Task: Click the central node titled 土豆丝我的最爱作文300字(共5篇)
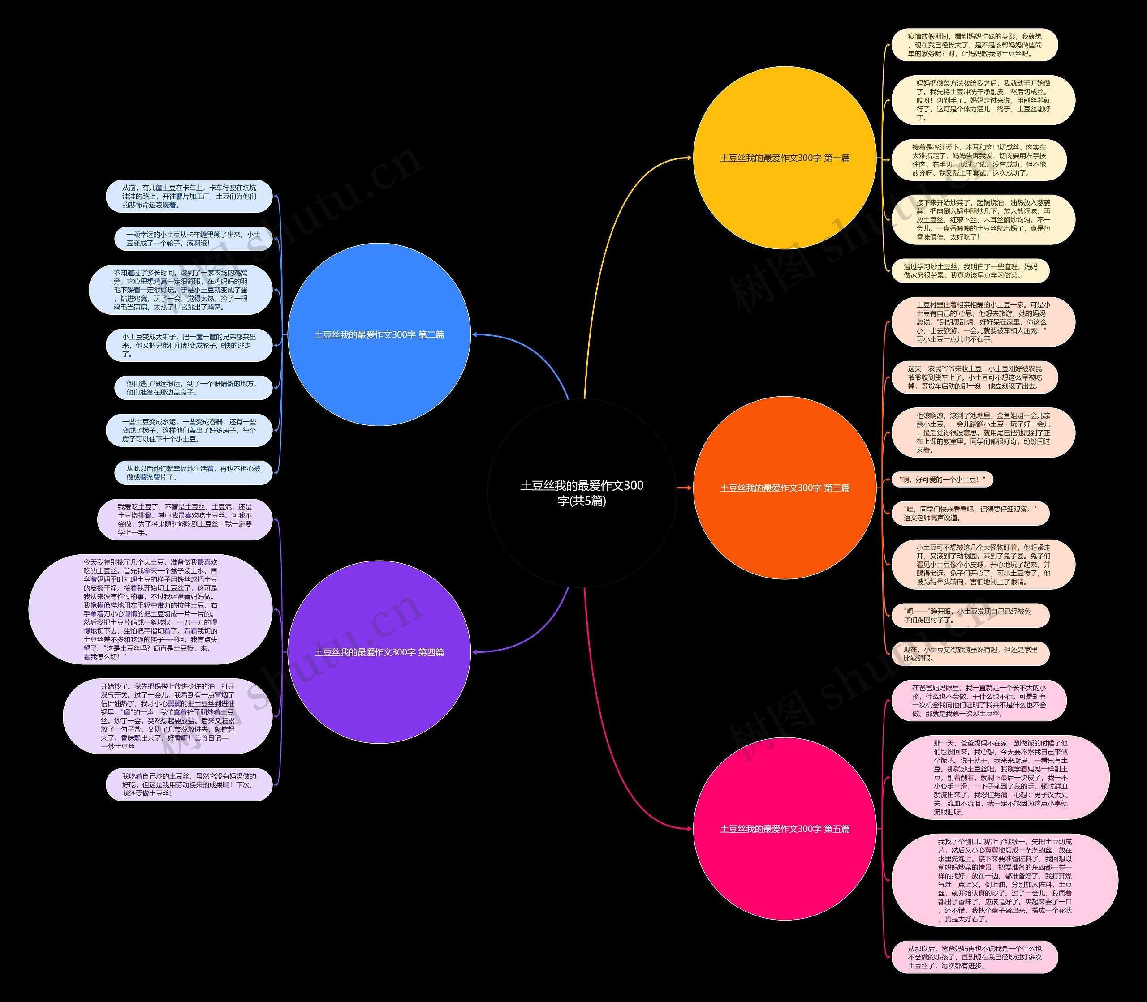(582, 492)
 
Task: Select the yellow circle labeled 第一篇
(785, 158)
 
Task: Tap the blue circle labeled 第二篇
(379, 334)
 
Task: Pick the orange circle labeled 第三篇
(785, 488)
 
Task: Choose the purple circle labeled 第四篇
(379, 652)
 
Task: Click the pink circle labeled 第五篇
(785, 829)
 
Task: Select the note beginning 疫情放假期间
(974, 45)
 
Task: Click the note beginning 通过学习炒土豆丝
(970, 270)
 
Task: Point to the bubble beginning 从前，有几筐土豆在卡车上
(189, 196)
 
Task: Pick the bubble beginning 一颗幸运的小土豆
(193, 239)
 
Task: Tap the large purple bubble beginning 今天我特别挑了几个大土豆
(151, 609)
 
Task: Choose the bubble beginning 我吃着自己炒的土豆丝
(189, 784)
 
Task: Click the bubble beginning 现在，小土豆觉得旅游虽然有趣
(970, 654)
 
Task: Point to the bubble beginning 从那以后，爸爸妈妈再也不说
(974, 957)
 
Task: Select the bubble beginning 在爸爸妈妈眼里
(979, 701)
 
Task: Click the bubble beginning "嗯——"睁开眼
(970, 616)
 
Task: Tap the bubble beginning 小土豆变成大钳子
(189, 346)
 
